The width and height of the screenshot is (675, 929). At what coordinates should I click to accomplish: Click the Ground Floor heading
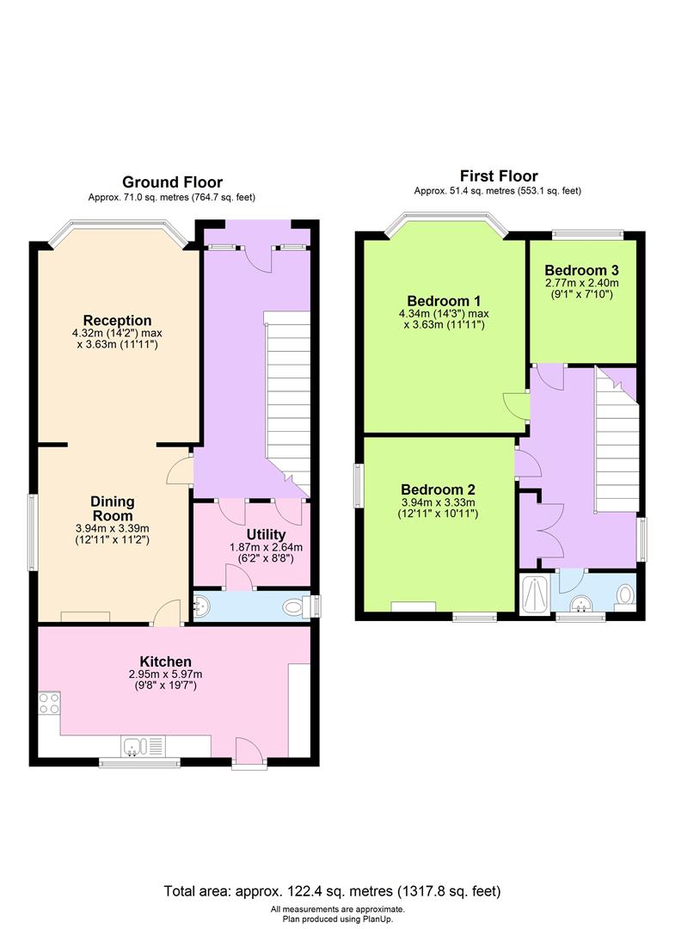tap(172, 181)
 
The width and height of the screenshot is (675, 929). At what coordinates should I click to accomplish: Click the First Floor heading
tap(499, 176)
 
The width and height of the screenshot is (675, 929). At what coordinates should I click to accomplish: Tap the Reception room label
tap(117, 321)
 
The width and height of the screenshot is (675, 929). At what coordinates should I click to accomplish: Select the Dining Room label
tap(113, 508)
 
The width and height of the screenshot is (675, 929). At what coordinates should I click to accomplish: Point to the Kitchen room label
tap(165, 661)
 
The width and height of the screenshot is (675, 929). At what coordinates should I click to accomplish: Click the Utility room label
tap(266, 534)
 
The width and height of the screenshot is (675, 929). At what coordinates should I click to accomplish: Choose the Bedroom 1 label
tap(444, 301)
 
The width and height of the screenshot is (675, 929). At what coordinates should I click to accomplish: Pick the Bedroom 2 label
tap(438, 489)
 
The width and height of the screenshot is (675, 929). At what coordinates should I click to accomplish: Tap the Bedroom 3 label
tap(582, 270)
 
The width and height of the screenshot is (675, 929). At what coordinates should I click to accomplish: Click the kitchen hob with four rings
tap(49, 703)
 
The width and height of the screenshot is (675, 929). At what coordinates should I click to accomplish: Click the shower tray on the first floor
tap(534, 592)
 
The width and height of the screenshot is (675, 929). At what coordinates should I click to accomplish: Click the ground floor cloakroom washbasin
tap(201, 606)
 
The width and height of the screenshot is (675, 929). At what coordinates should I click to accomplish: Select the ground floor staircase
tap(288, 403)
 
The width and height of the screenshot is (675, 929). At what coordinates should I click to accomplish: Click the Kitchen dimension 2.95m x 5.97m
tap(165, 674)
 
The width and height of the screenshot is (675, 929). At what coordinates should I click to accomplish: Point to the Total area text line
tap(332, 890)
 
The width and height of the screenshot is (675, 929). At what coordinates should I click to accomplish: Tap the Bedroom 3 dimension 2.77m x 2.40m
tap(582, 283)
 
